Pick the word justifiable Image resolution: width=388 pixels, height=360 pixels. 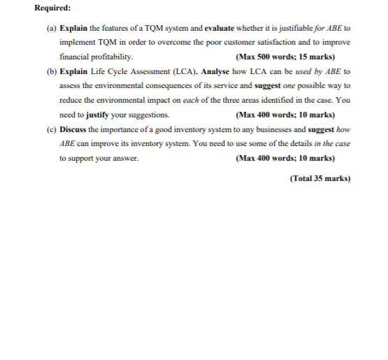286,29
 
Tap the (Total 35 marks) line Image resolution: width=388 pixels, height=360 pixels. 319,178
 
